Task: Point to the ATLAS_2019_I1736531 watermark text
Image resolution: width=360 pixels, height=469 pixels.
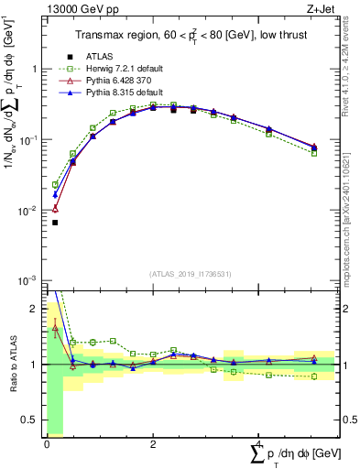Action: (x=190, y=274)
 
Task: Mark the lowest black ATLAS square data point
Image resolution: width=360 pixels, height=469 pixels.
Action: (x=55, y=223)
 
